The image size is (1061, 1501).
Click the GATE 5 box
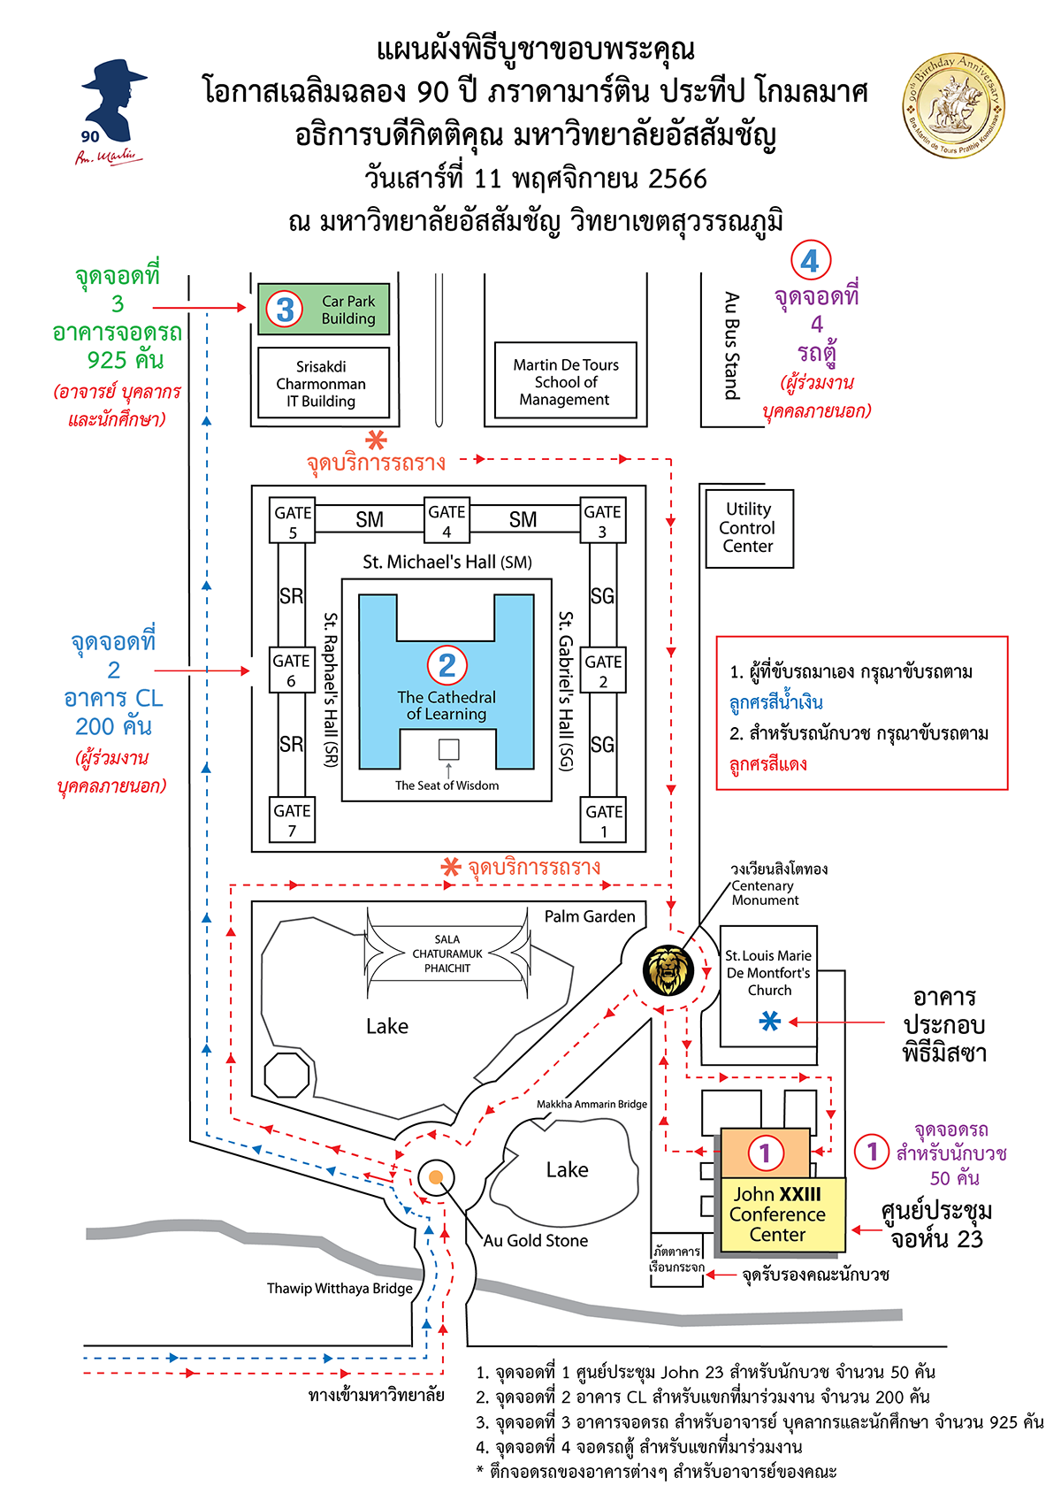point(293,522)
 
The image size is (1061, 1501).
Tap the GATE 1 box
point(604,821)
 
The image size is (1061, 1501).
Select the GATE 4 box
point(447,521)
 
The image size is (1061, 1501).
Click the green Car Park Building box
point(324,309)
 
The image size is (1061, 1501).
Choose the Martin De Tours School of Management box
point(566,381)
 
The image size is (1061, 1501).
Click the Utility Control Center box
point(749,528)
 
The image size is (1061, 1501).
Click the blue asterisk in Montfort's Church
point(770,1022)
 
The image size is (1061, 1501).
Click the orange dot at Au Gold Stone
point(435,1177)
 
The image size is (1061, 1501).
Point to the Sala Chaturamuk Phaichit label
point(447,954)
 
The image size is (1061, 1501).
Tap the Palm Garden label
point(590,916)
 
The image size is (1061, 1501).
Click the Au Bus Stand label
point(732,346)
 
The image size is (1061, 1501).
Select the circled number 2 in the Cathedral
point(447,664)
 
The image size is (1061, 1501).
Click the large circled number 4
point(810,261)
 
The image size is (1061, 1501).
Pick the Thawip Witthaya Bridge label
point(340,1289)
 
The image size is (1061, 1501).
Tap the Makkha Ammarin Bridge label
point(592,1104)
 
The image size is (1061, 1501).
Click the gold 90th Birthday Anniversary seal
point(953,105)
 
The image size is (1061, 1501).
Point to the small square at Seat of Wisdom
point(448,749)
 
